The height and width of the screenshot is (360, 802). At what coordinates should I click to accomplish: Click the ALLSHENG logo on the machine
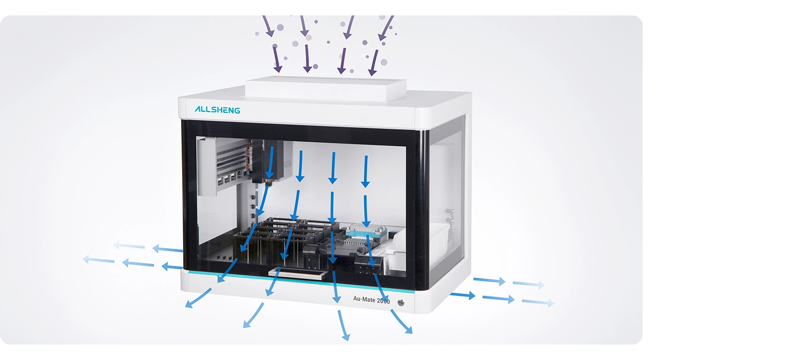coord(217,110)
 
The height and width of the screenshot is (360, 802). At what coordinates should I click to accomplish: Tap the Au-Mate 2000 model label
coord(371,300)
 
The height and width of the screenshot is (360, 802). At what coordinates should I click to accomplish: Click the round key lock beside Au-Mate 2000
coord(401,303)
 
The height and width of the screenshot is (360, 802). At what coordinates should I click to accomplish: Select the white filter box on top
coord(326,88)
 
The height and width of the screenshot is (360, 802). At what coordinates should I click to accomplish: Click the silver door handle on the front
coord(297,274)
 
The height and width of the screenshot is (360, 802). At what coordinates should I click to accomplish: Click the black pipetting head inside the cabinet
coord(267,161)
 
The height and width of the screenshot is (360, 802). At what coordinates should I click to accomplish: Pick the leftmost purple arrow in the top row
coord(268,26)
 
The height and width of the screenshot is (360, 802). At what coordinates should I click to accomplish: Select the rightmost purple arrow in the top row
coord(386,28)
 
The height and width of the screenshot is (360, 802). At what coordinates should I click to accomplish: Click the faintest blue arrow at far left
coord(99,260)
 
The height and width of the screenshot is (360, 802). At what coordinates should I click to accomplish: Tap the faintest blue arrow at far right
coord(538,302)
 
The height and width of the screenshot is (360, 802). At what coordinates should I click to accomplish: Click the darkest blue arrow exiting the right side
coord(463,295)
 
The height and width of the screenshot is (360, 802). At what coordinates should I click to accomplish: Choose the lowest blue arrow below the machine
coord(344,325)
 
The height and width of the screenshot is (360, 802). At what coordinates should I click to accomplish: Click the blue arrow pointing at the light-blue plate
coord(366,211)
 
